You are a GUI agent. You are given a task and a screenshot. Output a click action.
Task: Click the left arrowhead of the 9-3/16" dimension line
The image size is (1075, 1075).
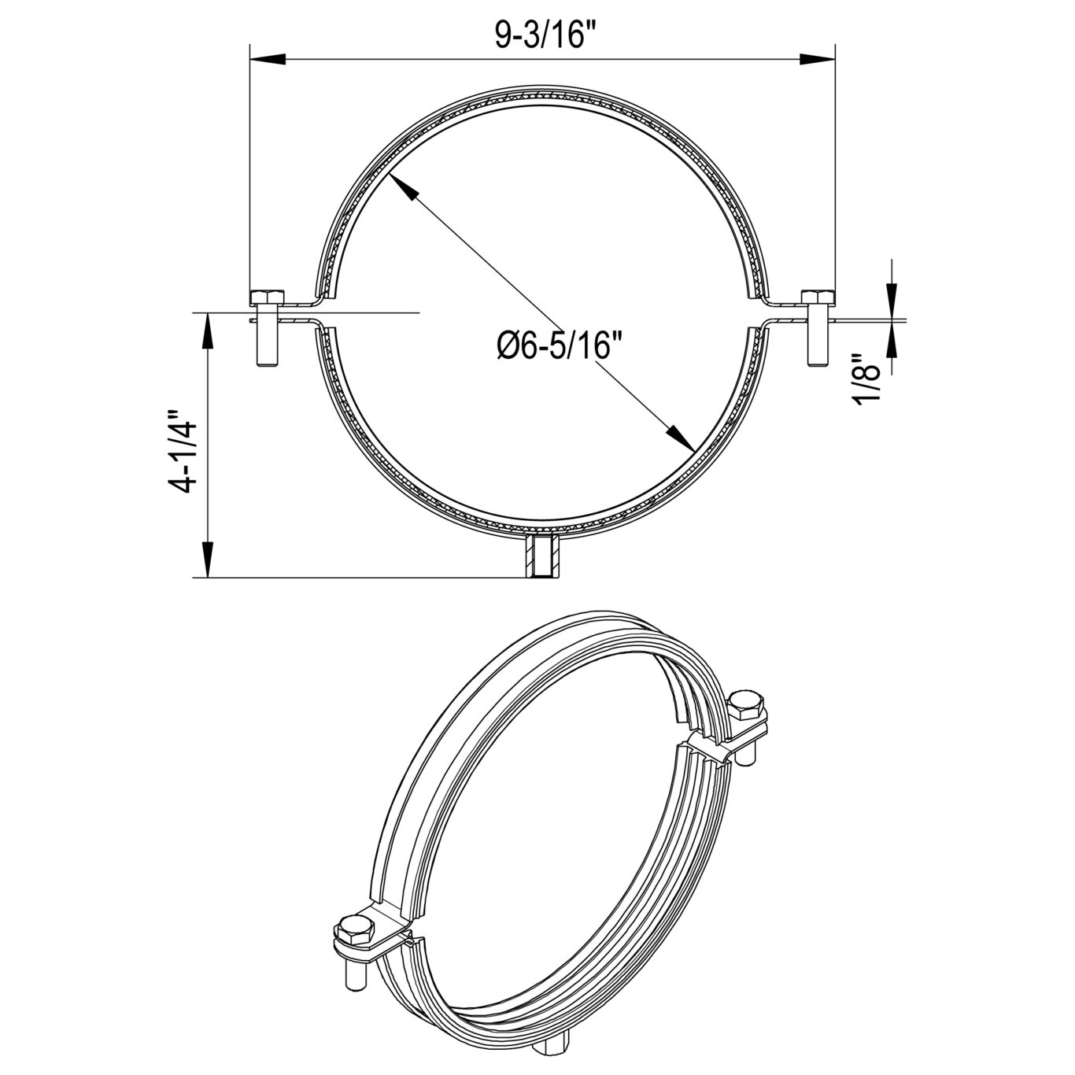(x=268, y=59)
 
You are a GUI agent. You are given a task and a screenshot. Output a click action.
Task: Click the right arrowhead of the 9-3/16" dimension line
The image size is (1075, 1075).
(x=817, y=59)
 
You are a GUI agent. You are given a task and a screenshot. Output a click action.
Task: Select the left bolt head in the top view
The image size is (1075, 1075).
(x=267, y=297)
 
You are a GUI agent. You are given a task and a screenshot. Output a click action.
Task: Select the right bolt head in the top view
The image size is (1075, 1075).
(x=818, y=297)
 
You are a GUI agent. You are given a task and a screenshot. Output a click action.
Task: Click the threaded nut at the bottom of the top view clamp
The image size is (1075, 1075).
(x=541, y=556)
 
